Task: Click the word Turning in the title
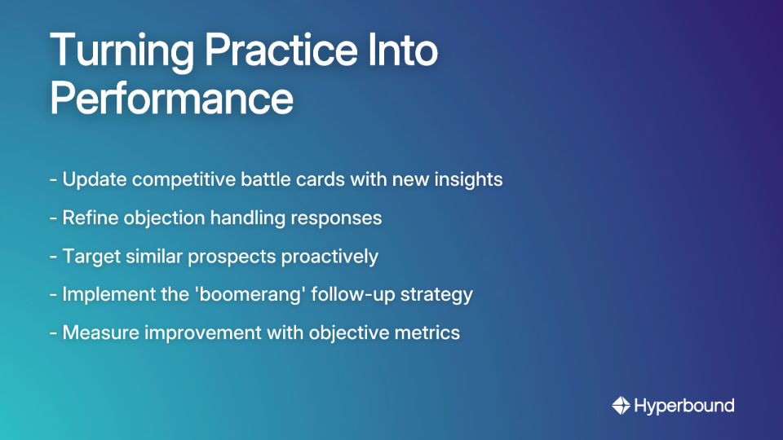[122, 53]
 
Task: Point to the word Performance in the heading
[172, 99]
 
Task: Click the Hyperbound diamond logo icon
[621, 405]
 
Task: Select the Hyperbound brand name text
[683, 405]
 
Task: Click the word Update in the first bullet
[94, 179]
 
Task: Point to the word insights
[470, 179]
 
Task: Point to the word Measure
[99, 332]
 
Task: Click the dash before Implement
[53, 294]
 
